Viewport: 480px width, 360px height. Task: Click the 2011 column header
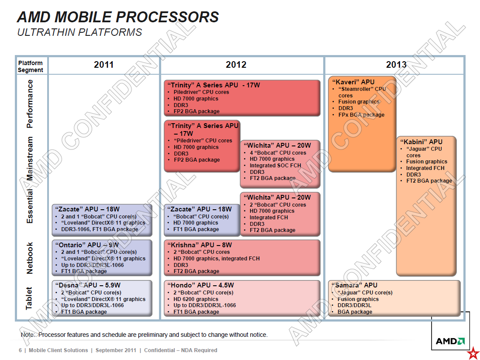click(x=104, y=65)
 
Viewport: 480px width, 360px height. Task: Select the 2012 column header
click(x=236, y=65)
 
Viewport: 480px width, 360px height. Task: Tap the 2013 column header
click(x=396, y=65)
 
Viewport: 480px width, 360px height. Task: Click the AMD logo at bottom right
click(x=450, y=341)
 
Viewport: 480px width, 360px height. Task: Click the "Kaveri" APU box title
click(x=353, y=82)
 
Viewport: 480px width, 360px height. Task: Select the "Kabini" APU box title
click(x=421, y=142)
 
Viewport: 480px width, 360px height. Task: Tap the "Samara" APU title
click(x=355, y=285)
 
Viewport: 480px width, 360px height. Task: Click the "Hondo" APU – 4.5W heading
click(x=200, y=285)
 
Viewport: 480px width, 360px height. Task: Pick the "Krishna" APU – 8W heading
click(x=200, y=245)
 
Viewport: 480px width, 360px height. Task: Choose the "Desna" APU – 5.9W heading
click(x=88, y=285)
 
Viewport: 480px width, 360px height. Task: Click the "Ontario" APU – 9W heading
click(x=86, y=245)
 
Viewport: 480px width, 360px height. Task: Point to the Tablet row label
click(x=29, y=298)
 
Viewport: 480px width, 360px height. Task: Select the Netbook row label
click(x=29, y=258)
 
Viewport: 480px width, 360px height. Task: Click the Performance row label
click(x=30, y=104)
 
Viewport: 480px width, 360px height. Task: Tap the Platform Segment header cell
click(x=31, y=66)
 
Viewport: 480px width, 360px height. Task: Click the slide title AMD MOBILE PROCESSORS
click(x=118, y=17)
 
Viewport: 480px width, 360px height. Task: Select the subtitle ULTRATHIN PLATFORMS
click(x=79, y=32)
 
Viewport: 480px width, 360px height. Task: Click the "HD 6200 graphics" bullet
click(x=196, y=299)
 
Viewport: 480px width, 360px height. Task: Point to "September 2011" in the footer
click(x=116, y=350)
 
